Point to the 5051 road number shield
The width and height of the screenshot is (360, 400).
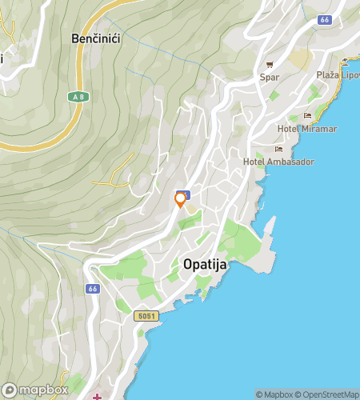click(x=146, y=316)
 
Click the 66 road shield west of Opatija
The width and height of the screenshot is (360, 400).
click(x=94, y=288)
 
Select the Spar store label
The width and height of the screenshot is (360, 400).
click(x=270, y=78)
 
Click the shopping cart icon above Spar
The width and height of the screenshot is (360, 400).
click(x=270, y=65)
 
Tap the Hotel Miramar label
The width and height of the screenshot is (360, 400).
click(x=306, y=130)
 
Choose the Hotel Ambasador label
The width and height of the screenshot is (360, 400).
click(x=278, y=162)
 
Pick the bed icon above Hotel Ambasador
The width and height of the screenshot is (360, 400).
click(x=278, y=149)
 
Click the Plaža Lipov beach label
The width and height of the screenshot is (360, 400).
click(x=338, y=74)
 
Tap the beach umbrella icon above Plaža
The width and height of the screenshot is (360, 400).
click(x=346, y=62)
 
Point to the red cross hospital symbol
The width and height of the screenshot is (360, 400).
click(x=98, y=396)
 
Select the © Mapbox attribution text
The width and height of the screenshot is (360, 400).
click(x=274, y=394)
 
